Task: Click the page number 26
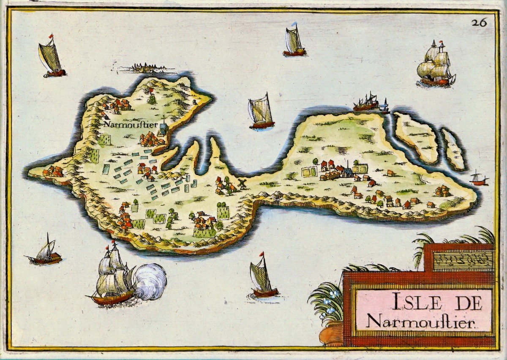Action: [x=480, y=22]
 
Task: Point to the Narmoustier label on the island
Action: [x=124, y=124]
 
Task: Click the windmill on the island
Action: [x=242, y=183]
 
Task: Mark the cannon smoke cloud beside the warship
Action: [x=150, y=281]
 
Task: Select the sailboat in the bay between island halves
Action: [x=261, y=112]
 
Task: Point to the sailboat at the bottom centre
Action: [x=263, y=277]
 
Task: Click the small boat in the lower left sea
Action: [x=45, y=252]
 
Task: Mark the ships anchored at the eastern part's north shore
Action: [x=370, y=103]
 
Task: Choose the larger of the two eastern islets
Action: [x=416, y=137]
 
